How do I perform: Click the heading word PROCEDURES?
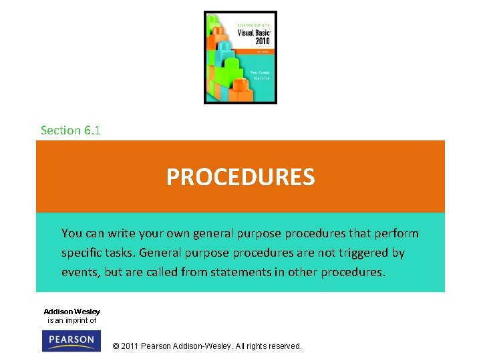click(240, 177)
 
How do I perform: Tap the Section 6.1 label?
click(70, 130)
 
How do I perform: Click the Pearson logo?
click(71, 341)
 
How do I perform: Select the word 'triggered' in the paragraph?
click(352, 253)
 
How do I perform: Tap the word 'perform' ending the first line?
click(397, 233)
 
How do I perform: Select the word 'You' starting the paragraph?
click(71, 233)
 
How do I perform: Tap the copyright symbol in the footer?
click(116, 346)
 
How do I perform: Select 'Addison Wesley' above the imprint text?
click(71, 312)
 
